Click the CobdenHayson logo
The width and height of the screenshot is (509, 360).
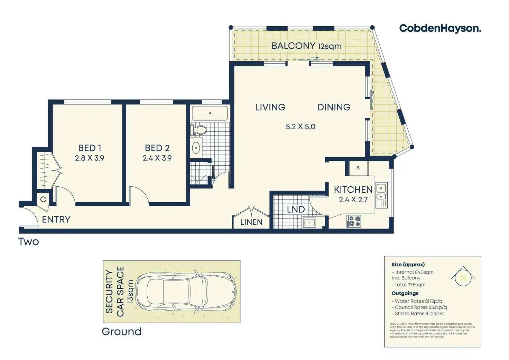tap(440, 28)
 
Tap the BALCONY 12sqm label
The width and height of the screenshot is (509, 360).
tap(306, 46)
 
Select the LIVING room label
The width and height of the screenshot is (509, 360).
tap(270, 107)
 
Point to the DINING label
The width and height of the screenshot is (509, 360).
tap(334, 107)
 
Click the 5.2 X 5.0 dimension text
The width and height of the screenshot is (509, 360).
tap(300, 127)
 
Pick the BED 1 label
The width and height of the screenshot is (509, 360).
tap(90, 148)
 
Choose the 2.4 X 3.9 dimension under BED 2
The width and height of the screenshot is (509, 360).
tap(157, 158)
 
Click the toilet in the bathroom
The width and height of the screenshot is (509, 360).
tap(199, 130)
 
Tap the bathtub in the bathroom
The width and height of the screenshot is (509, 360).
tap(210, 113)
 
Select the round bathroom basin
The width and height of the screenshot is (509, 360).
tap(196, 148)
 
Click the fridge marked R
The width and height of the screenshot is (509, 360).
tap(358, 168)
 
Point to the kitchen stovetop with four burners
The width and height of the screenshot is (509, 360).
tap(354, 221)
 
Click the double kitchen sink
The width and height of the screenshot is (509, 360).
tap(381, 192)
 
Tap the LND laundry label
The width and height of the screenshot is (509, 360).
tap(296, 209)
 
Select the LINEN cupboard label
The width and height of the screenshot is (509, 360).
tap(251, 222)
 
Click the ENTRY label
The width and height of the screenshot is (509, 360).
tap(56, 220)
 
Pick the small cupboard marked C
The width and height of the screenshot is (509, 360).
tap(43, 200)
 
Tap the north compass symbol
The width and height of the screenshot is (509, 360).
tap(463, 276)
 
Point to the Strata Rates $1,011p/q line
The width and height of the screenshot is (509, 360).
tap(419, 314)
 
